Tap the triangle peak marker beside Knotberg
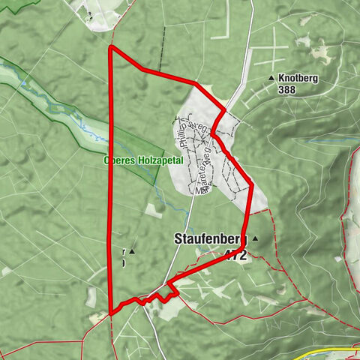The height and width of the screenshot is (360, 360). pos(271,78)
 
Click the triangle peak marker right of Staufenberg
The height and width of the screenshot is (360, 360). pos(255,239)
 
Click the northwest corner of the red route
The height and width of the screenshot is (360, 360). pos(111,47)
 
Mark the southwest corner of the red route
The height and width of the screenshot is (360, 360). pos(111,313)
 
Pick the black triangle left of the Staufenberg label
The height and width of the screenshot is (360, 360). pos(132,251)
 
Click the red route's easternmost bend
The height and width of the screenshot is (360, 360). pos(251,184)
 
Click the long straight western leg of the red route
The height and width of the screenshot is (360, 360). pos(111,180)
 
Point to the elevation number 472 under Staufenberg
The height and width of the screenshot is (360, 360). pos(234,255)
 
